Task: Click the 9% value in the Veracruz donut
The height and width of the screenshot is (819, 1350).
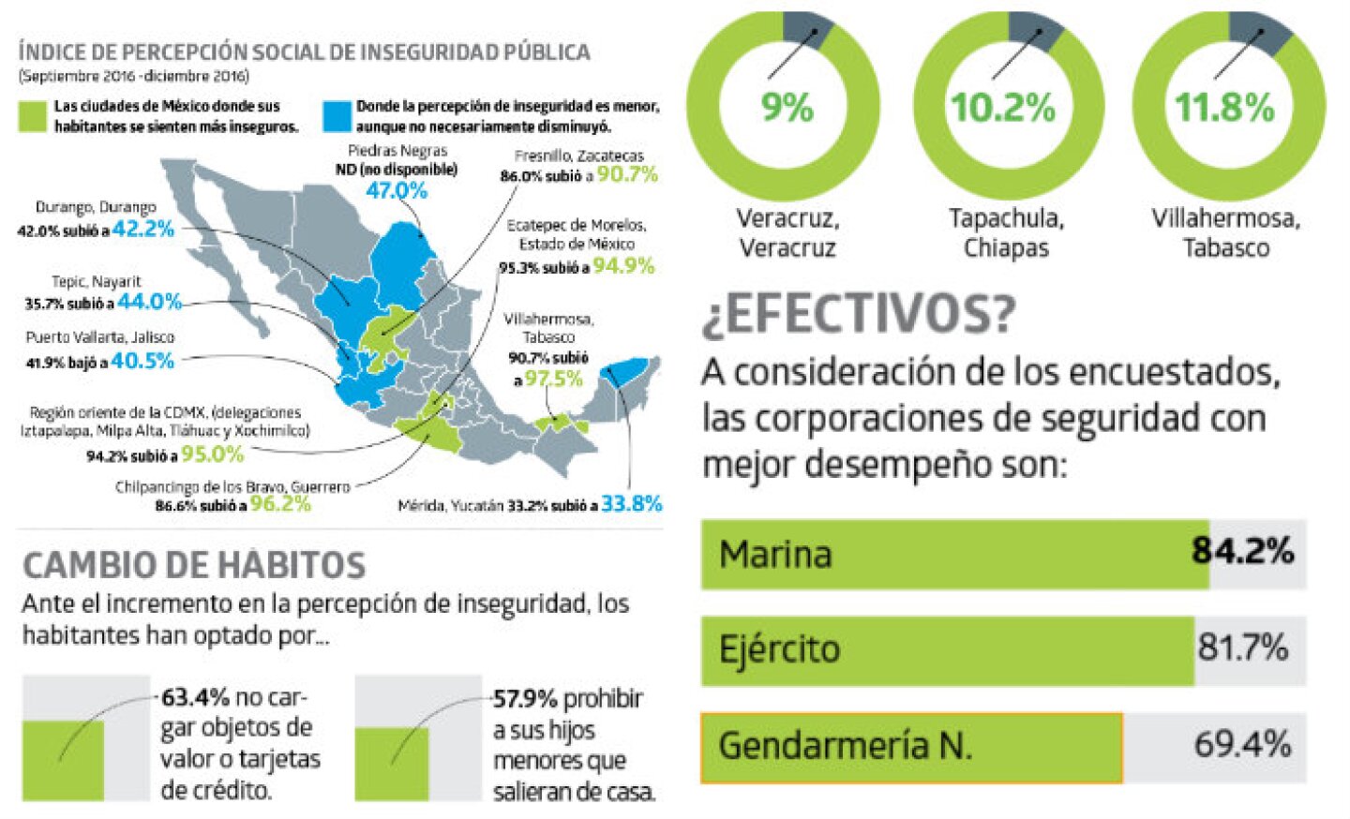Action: tap(786, 108)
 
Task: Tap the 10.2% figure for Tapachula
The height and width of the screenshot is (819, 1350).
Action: tap(1003, 108)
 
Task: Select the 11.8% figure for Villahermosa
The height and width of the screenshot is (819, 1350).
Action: tap(1224, 108)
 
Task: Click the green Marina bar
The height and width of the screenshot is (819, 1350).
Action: tap(954, 554)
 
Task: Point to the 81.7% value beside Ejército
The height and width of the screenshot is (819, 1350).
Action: tap(1242, 648)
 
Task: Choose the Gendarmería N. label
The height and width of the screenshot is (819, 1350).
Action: tap(845, 746)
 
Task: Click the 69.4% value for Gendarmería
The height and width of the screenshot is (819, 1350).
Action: tap(1242, 745)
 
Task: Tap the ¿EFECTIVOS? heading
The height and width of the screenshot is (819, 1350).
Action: tap(859, 314)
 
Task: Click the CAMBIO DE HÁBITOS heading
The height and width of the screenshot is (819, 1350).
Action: tap(194, 566)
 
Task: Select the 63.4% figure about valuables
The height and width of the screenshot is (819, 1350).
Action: tap(196, 698)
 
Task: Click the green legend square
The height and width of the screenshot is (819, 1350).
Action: tap(32, 116)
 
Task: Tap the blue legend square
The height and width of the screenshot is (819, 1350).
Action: tap(337, 116)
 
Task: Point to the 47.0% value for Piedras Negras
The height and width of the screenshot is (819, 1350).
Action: tap(397, 191)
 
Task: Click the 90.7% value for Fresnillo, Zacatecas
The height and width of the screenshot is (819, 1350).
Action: tap(627, 174)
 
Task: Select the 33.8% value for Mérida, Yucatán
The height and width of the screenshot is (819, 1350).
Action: tap(631, 504)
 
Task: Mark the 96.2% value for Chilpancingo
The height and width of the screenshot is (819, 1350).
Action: tap(280, 504)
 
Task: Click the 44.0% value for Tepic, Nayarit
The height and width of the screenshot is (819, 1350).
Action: tap(149, 302)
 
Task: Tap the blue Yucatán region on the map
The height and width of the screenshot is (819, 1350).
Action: tap(626, 370)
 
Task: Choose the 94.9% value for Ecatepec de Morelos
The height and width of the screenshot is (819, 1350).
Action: tap(623, 266)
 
